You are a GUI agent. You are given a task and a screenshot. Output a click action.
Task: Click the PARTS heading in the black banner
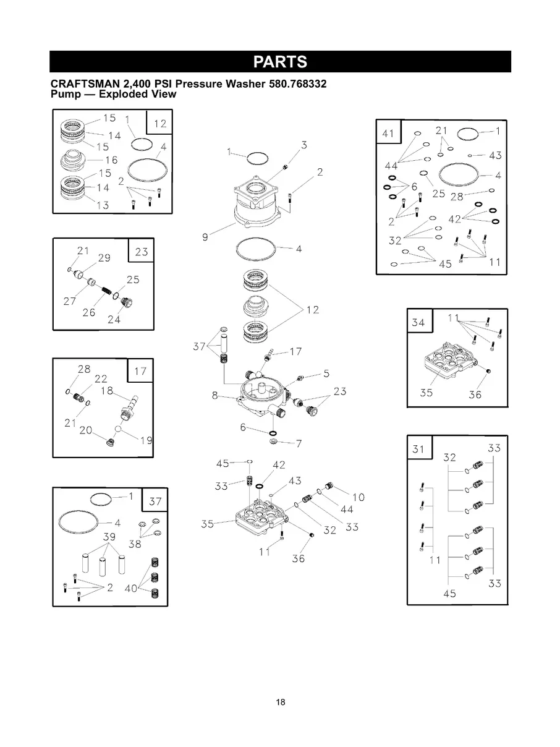pos(280,62)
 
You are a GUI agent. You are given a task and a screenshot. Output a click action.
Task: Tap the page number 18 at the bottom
pos(281,702)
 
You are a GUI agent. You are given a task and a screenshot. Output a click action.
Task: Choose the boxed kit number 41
pos(388,134)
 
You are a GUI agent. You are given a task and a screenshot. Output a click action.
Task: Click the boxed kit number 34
pos(418,322)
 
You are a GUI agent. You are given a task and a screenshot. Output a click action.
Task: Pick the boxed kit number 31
pos(418,449)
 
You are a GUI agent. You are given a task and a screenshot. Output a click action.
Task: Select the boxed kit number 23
pos(141,252)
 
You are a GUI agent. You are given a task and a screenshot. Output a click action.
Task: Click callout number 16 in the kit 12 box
pos(111,160)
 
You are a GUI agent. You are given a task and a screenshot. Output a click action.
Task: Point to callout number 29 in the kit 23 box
pos(104,258)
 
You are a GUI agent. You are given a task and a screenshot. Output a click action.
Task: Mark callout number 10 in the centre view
pos(358,497)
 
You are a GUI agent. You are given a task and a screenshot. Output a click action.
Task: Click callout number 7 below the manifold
pos(299,443)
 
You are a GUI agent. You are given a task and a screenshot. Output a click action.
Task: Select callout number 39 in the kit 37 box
pos(109,537)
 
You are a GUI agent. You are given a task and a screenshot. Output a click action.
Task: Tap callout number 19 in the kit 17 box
pos(147,440)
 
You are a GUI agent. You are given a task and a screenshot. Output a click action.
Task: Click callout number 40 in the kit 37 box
pos(131,589)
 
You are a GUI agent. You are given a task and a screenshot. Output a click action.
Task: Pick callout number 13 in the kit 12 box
pos(103,205)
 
